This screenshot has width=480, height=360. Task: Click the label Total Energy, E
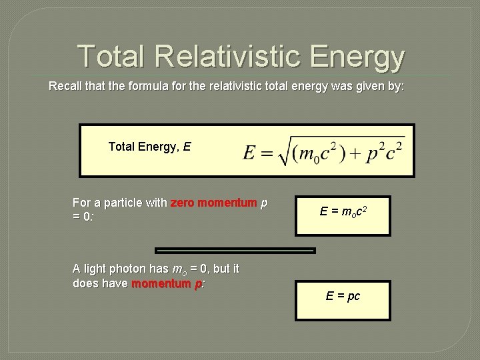click(x=149, y=145)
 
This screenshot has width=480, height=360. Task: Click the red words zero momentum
click(x=213, y=203)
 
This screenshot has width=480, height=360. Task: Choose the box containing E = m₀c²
click(x=343, y=215)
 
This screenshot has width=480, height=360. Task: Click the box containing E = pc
click(x=343, y=300)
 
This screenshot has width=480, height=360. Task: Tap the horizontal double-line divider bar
click(x=235, y=251)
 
